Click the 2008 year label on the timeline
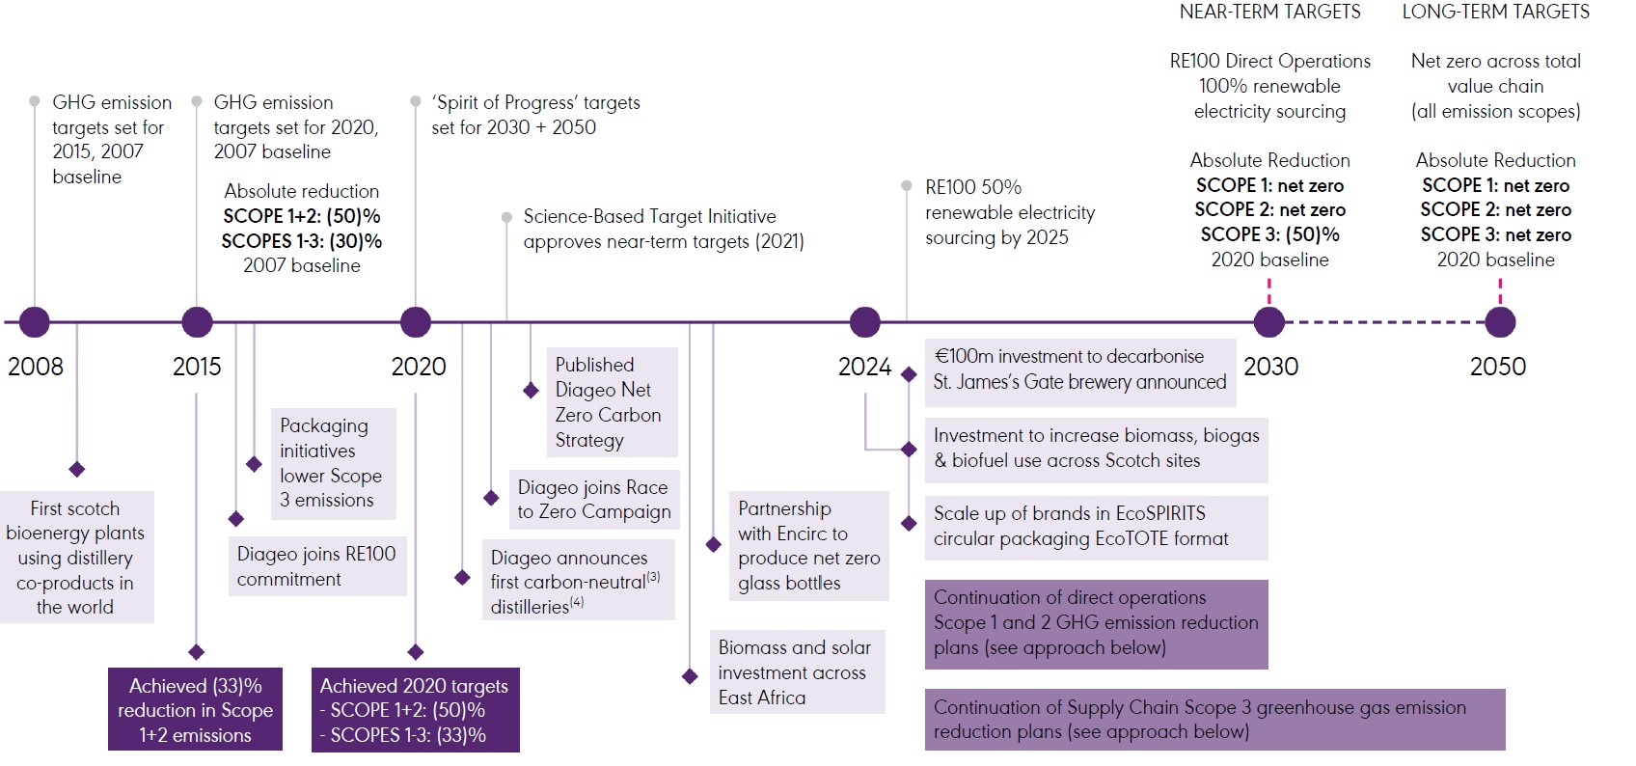[36, 367]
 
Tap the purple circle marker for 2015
[197, 322]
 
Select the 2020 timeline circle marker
[416, 322]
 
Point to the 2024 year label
[864, 367]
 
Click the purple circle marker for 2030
[1269, 322]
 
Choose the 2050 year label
[1498, 367]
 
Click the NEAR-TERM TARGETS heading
[1269, 12]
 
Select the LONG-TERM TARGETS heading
[1496, 12]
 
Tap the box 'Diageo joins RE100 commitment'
[317, 566]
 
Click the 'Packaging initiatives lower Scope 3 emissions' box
[334, 463]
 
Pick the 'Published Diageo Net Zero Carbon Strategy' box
[613, 402]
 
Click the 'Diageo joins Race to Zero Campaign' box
[594, 500]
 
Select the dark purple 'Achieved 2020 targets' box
[416, 710]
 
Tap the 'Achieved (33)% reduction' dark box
[196, 710]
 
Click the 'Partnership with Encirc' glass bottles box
[809, 546]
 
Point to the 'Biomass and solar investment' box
[797, 672]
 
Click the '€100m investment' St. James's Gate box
[1080, 369]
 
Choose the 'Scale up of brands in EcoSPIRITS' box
[1097, 527]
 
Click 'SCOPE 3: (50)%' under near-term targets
[1269, 234]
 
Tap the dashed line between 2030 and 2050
[1385, 322]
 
